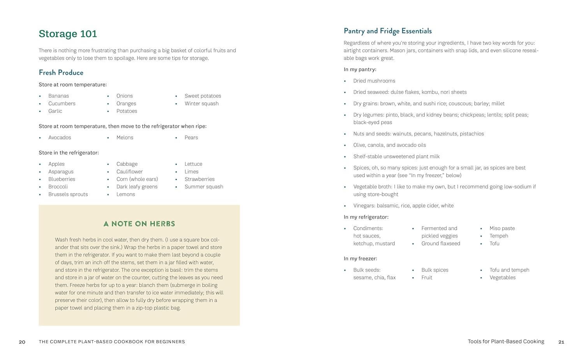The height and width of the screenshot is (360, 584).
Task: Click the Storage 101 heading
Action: click(x=68, y=34)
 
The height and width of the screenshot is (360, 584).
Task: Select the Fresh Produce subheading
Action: click(x=61, y=72)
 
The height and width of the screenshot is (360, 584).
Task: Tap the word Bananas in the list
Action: click(x=58, y=96)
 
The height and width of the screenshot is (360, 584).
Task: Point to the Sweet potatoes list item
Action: click(x=203, y=96)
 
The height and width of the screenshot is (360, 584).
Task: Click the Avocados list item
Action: click(x=60, y=137)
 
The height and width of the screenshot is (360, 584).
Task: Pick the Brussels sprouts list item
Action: click(x=68, y=194)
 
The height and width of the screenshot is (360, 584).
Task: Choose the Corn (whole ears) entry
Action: click(x=137, y=179)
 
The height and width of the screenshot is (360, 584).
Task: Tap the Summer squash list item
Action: click(x=204, y=186)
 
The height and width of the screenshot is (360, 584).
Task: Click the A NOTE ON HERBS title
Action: click(x=139, y=224)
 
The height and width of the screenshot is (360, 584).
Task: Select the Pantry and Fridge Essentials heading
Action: click(x=388, y=31)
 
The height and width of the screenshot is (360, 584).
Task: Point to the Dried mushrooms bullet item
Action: click(x=374, y=81)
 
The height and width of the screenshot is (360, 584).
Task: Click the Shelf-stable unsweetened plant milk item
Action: click(x=396, y=156)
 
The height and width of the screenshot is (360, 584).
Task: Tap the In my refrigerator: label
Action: click(x=366, y=217)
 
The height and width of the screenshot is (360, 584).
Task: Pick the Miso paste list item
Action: click(x=502, y=228)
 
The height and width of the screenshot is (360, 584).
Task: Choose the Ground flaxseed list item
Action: click(x=441, y=243)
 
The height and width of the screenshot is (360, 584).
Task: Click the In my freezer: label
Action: click(x=361, y=258)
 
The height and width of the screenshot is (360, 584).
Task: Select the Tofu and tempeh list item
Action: click(x=509, y=270)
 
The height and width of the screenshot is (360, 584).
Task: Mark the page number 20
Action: click(x=22, y=342)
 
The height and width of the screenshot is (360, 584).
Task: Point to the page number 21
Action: click(x=561, y=342)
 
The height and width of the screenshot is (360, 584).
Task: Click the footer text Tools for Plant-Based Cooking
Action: click(x=506, y=341)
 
